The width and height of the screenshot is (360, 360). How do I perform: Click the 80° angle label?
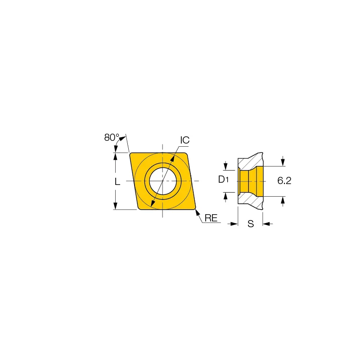pyautogui.click(x=112, y=137)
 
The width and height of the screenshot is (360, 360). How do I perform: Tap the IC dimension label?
pyautogui.click(x=185, y=140)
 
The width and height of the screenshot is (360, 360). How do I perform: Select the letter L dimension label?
pyautogui.click(x=117, y=182)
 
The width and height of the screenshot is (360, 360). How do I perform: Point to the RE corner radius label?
pyautogui.click(x=211, y=218)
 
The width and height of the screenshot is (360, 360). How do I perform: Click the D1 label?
pyautogui.click(x=223, y=179)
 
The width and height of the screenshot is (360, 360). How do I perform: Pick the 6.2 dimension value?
pyautogui.click(x=284, y=181)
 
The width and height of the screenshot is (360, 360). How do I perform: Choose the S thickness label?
pyautogui.click(x=251, y=223)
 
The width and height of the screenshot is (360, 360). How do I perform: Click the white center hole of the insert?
pyautogui.click(x=163, y=181)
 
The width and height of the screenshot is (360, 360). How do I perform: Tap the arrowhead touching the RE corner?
pyautogui.click(x=197, y=212)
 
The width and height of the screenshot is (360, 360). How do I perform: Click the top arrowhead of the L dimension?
pyautogui.click(x=116, y=156)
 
